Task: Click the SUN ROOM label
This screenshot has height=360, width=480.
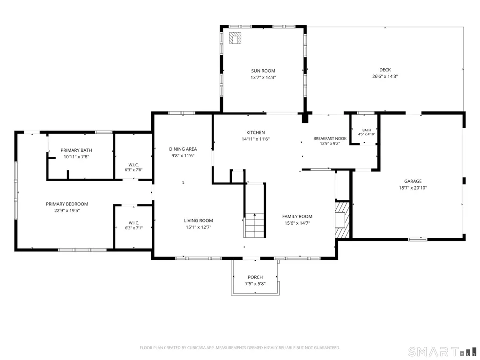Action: pyautogui.click(x=263, y=71)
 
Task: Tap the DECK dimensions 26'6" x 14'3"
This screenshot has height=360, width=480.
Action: pyautogui.click(x=385, y=76)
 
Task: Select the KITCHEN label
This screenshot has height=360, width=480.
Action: pyautogui.click(x=256, y=132)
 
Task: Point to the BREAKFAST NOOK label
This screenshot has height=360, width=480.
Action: pyautogui.click(x=330, y=139)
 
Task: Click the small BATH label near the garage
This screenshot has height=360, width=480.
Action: pyautogui.click(x=367, y=130)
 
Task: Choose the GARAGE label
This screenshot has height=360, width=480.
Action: pyautogui.click(x=413, y=181)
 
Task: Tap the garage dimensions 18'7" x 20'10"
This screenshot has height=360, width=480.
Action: pyautogui.click(x=413, y=188)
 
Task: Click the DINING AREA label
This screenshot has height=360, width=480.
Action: pyautogui.click(x=183, y=149)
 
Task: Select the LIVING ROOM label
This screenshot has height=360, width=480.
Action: pyautogui.click(x=199, y=220)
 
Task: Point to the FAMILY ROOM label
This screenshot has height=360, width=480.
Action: pyautogui.click(x=297, y=216)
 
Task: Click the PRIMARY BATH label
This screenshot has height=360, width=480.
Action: pyautogui.click(x=76, y=150)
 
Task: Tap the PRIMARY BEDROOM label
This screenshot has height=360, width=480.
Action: pyautogui.click(x=67, y=204)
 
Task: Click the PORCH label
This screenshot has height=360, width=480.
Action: pyautogui.click(x=255, y=277)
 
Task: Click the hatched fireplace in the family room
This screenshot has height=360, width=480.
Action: pyautogui.click(x=342, y=219)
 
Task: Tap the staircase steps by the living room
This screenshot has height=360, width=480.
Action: pyautogui.click(x=254, y=225)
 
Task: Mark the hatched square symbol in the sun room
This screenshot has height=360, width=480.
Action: pyautogui.click(x=235, y=38)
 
